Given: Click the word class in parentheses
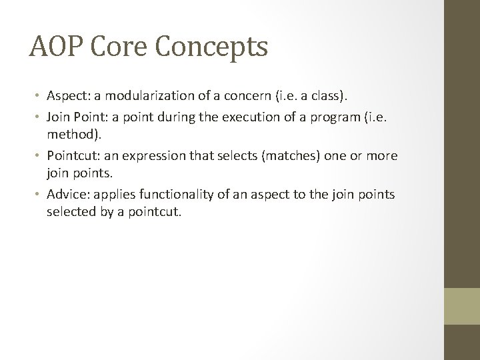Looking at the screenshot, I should click(326, 97).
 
